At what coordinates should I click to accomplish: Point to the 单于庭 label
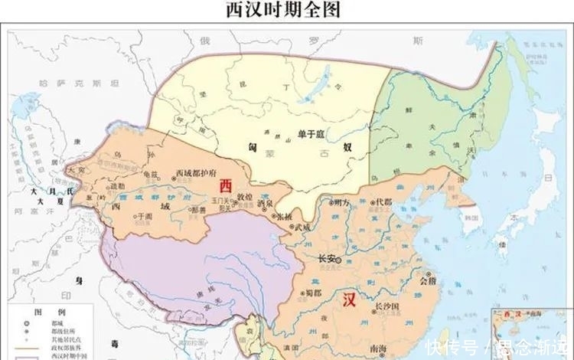tap(312, 135)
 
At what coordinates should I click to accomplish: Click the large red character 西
tap(226, 185)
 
